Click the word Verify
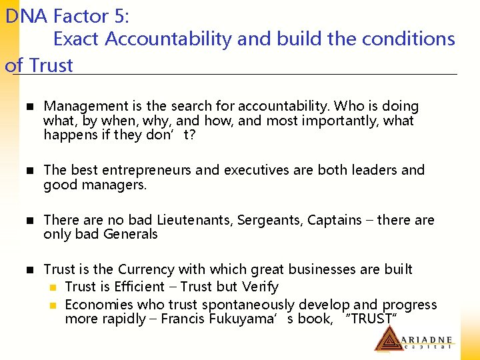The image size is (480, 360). point(259,287)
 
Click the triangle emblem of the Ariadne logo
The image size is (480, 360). point(387,339)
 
